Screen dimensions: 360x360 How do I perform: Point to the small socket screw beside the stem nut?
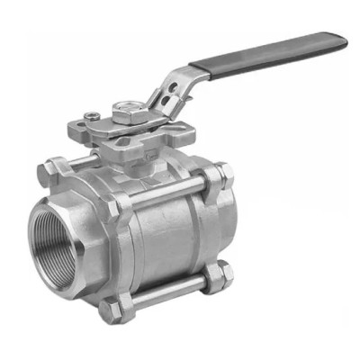(92, 114)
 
